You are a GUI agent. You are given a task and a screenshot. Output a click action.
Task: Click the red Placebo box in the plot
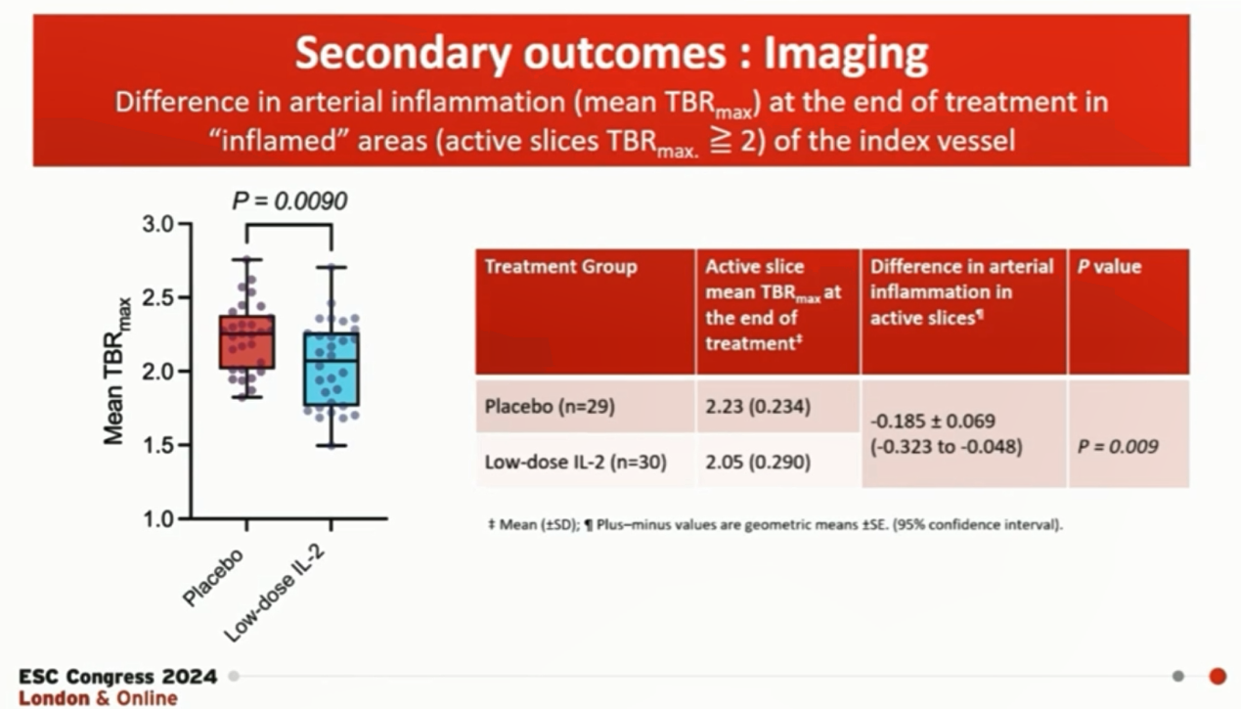click(x=247, y=341)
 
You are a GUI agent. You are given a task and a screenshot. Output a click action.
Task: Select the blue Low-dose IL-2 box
click(x=332, y=369)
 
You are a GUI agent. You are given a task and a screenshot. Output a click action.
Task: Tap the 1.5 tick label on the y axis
click(x=157, y=445)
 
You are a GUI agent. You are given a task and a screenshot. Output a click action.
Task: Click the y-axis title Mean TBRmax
click(x=116, y=371)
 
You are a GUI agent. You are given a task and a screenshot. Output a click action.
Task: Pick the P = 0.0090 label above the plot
click(x=289, y=200)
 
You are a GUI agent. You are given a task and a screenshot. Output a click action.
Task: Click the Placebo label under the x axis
click(x=213, y=577)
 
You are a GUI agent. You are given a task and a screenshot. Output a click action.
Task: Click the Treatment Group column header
click(x=560, y=266)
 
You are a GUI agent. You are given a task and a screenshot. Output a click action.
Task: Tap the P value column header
click(x=1109, y=266)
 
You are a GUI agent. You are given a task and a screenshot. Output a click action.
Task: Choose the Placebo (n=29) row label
click(x=550, y=407)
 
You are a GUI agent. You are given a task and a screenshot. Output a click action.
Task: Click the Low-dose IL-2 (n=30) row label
click(x=576, y=462)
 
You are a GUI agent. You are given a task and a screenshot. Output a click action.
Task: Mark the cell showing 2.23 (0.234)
click(x=758, y=407)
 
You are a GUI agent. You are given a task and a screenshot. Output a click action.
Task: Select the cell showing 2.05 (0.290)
click(x=758, y=462)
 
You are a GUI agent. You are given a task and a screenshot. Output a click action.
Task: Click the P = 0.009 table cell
click(x=1118, y=447)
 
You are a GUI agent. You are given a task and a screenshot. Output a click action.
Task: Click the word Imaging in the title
click(x=846, y=55)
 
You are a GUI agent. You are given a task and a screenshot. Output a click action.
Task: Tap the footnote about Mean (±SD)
click(x=776, y=524)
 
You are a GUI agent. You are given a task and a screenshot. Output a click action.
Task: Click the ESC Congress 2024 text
click(x=117, y=677)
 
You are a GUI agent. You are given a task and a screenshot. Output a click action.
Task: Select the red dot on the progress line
click(x=1218, y=677)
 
